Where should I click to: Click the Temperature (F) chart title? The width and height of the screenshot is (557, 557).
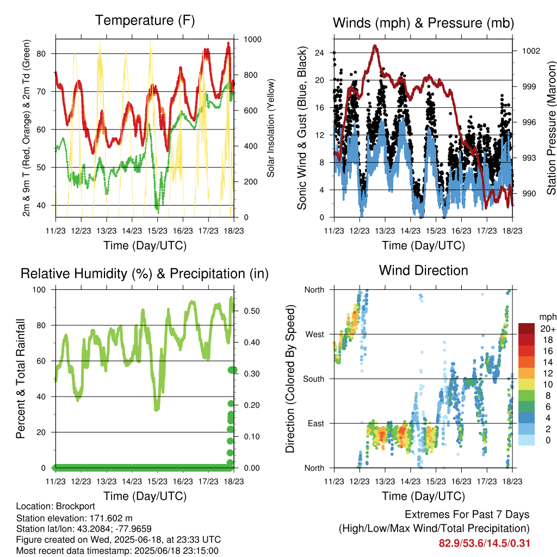pos(145,21)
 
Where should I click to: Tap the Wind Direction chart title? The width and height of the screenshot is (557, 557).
pos(423,270)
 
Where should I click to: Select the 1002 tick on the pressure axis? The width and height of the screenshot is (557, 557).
pos(531,51)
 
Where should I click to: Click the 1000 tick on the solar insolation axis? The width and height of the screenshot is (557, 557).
pos(252,39)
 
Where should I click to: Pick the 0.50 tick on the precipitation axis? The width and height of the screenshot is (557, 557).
pos(251,311)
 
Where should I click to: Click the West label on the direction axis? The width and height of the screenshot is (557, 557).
pos(315,335)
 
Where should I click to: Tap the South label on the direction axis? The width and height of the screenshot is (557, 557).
pos(314,379)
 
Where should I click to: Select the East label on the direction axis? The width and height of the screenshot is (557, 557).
pos(316,423)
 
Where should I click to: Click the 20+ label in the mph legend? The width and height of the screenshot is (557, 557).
pos(548,329)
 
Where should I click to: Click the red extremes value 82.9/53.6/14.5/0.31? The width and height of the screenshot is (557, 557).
pos(484,543)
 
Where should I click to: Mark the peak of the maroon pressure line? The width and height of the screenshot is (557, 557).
pos(375,46)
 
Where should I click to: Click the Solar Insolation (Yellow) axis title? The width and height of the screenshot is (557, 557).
pos(271,128)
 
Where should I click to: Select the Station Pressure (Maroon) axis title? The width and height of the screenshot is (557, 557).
pos(551,128)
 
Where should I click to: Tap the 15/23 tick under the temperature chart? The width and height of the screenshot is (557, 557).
pos(157,231)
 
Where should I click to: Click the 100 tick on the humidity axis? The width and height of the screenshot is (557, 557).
pos(39,290)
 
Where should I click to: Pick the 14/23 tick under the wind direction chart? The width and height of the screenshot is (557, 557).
pos(410,481)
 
